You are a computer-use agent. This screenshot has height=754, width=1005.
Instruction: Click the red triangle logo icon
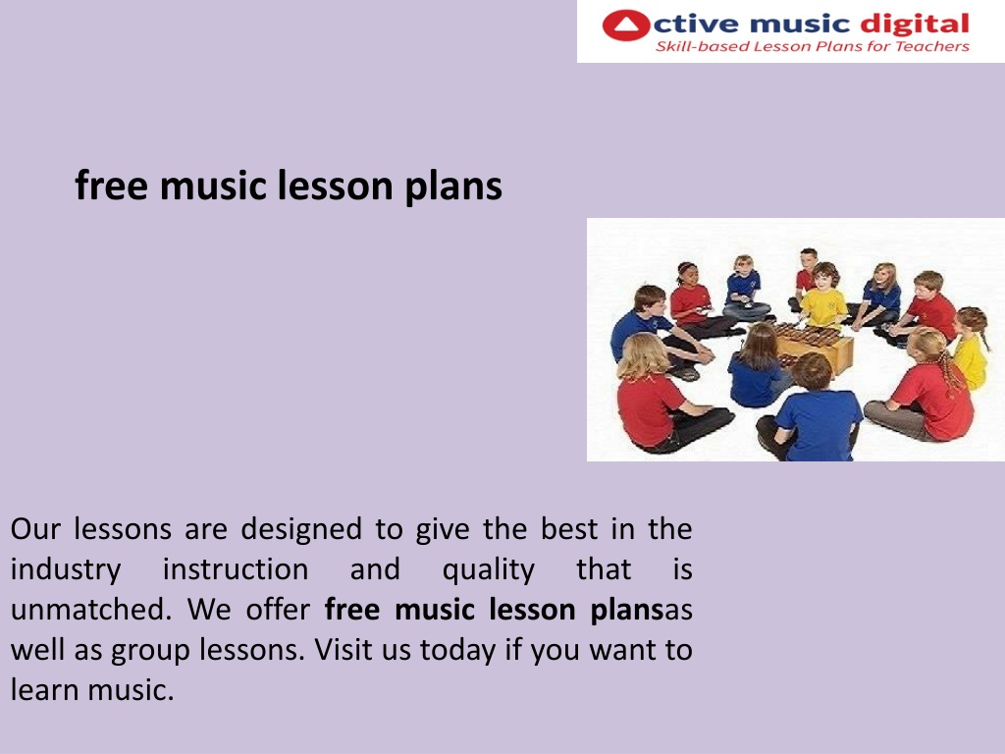click(x=626, y=26)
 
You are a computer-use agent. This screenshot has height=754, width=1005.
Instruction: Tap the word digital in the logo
click(x=914, y=26)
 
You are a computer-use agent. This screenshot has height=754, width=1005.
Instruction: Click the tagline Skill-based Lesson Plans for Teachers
click(x=812, y=46)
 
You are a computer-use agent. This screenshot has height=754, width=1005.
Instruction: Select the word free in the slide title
click(x=112, y=186)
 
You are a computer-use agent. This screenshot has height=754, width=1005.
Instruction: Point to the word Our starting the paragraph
click(x=35, y=529)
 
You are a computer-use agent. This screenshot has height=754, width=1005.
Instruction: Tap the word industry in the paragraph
click(x=66, y=570)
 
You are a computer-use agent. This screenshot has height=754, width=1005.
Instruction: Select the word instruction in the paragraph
click(x=236, y=569)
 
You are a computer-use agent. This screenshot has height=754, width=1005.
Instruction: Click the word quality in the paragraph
click(x=488, y=570)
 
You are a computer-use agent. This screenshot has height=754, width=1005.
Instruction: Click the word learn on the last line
click(x=43, y=690)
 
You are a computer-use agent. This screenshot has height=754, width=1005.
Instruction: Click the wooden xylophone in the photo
click(x=812, y=347)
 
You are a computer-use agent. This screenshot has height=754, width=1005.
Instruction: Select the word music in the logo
click(x=799, y=26)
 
